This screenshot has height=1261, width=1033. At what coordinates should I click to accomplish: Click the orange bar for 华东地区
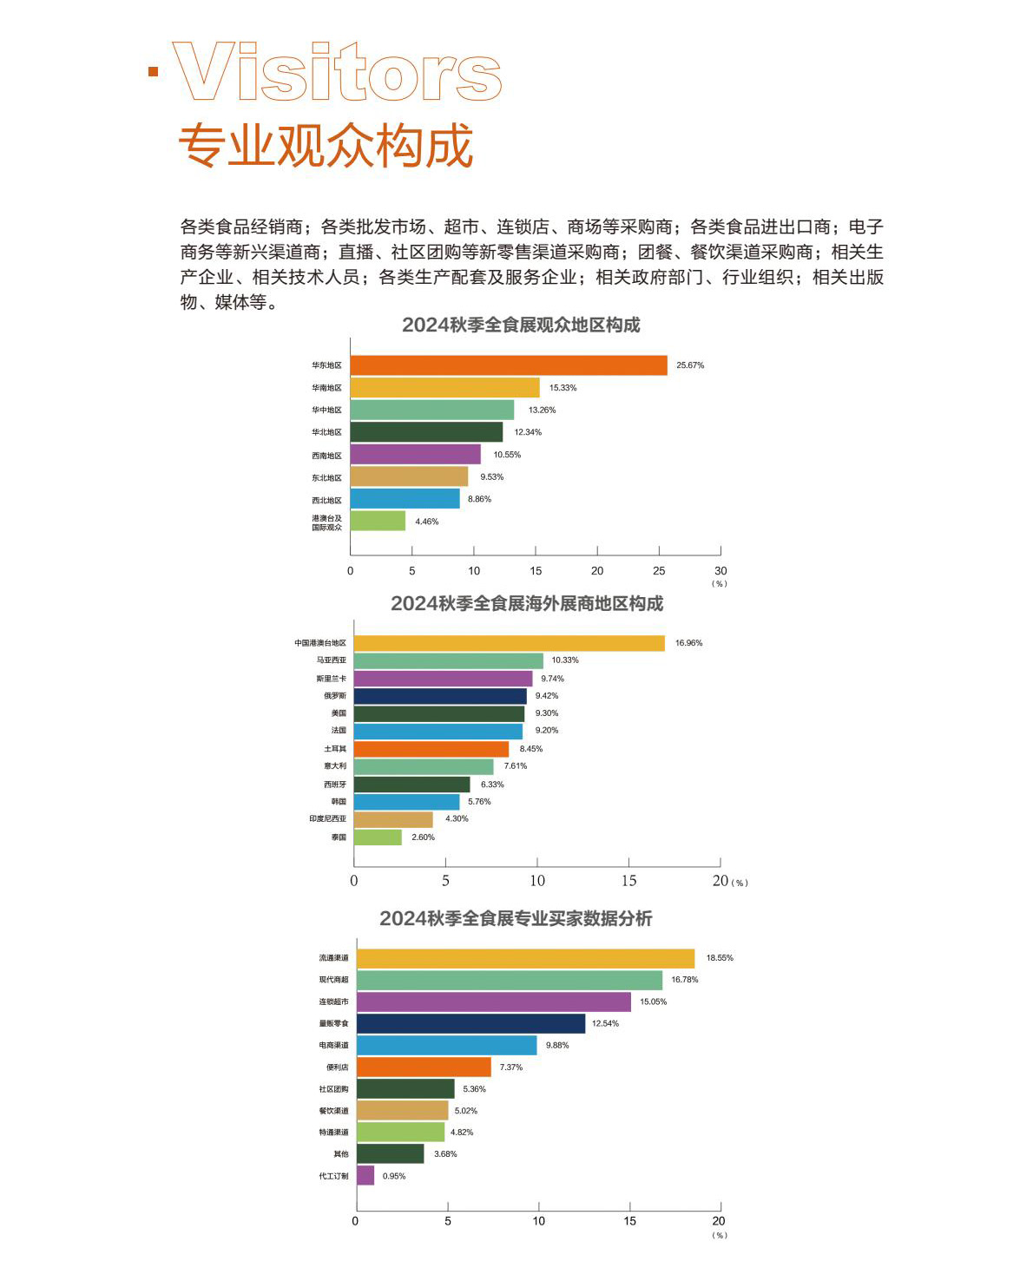[x=509, y=365]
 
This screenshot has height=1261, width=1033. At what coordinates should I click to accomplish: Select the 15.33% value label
[x=563, y=388]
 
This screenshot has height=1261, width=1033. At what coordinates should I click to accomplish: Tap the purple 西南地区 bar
[x=416, y=455]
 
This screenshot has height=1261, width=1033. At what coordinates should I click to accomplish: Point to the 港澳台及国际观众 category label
[x=327, y=522]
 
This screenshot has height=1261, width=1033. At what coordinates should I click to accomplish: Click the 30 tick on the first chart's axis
[x=720, y=571]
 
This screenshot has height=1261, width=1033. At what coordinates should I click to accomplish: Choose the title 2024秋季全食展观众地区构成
[x=521, y=325]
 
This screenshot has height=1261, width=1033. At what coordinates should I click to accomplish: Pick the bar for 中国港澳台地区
[x=509, y=643]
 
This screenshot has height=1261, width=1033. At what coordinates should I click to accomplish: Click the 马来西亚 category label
[x=332, y=660]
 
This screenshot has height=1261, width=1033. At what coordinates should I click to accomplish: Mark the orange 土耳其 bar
[x=431, y=749]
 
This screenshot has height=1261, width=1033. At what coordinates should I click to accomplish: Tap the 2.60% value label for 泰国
[x=423, y=837]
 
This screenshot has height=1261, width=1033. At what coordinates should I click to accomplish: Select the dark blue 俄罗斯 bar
[x=440, y=696]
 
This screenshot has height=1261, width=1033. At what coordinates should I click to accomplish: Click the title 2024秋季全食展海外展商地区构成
[x=526, y=603]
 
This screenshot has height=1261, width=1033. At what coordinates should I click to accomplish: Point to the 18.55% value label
[x=720, y=958]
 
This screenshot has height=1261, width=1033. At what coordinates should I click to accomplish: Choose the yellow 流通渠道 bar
[x=525, y=958]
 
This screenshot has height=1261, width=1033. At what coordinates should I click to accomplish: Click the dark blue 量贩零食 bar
[x=470, y=1024]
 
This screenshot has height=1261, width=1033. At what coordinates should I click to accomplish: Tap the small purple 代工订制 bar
[x=365, y=1176]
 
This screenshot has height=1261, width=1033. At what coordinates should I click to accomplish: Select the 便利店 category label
[x=337, y=1067]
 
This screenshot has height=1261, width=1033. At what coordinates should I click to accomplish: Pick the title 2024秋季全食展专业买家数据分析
[x=516, y=918]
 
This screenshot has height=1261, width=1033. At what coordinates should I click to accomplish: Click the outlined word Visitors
[x=337, y=73]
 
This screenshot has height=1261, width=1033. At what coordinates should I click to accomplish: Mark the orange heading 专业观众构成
[x=326, y=145]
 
